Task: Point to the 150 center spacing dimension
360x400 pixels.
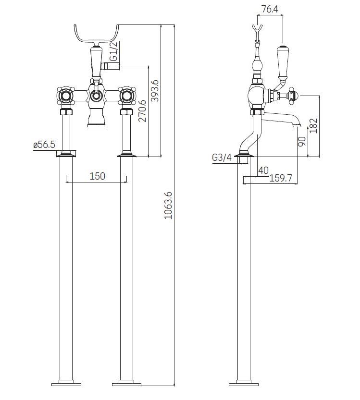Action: (x=97, y=176)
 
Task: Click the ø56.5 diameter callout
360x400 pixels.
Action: (x=44, y=145)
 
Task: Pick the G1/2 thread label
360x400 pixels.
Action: (x=113, y=52)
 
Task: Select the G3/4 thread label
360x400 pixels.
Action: (x=222, y=158)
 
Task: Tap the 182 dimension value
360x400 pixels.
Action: (x=313, y=126)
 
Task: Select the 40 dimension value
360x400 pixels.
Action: (x=263, y=170)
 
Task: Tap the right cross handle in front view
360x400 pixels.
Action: (x=127, y=96)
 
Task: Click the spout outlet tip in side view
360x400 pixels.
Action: (x=298, y=126)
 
